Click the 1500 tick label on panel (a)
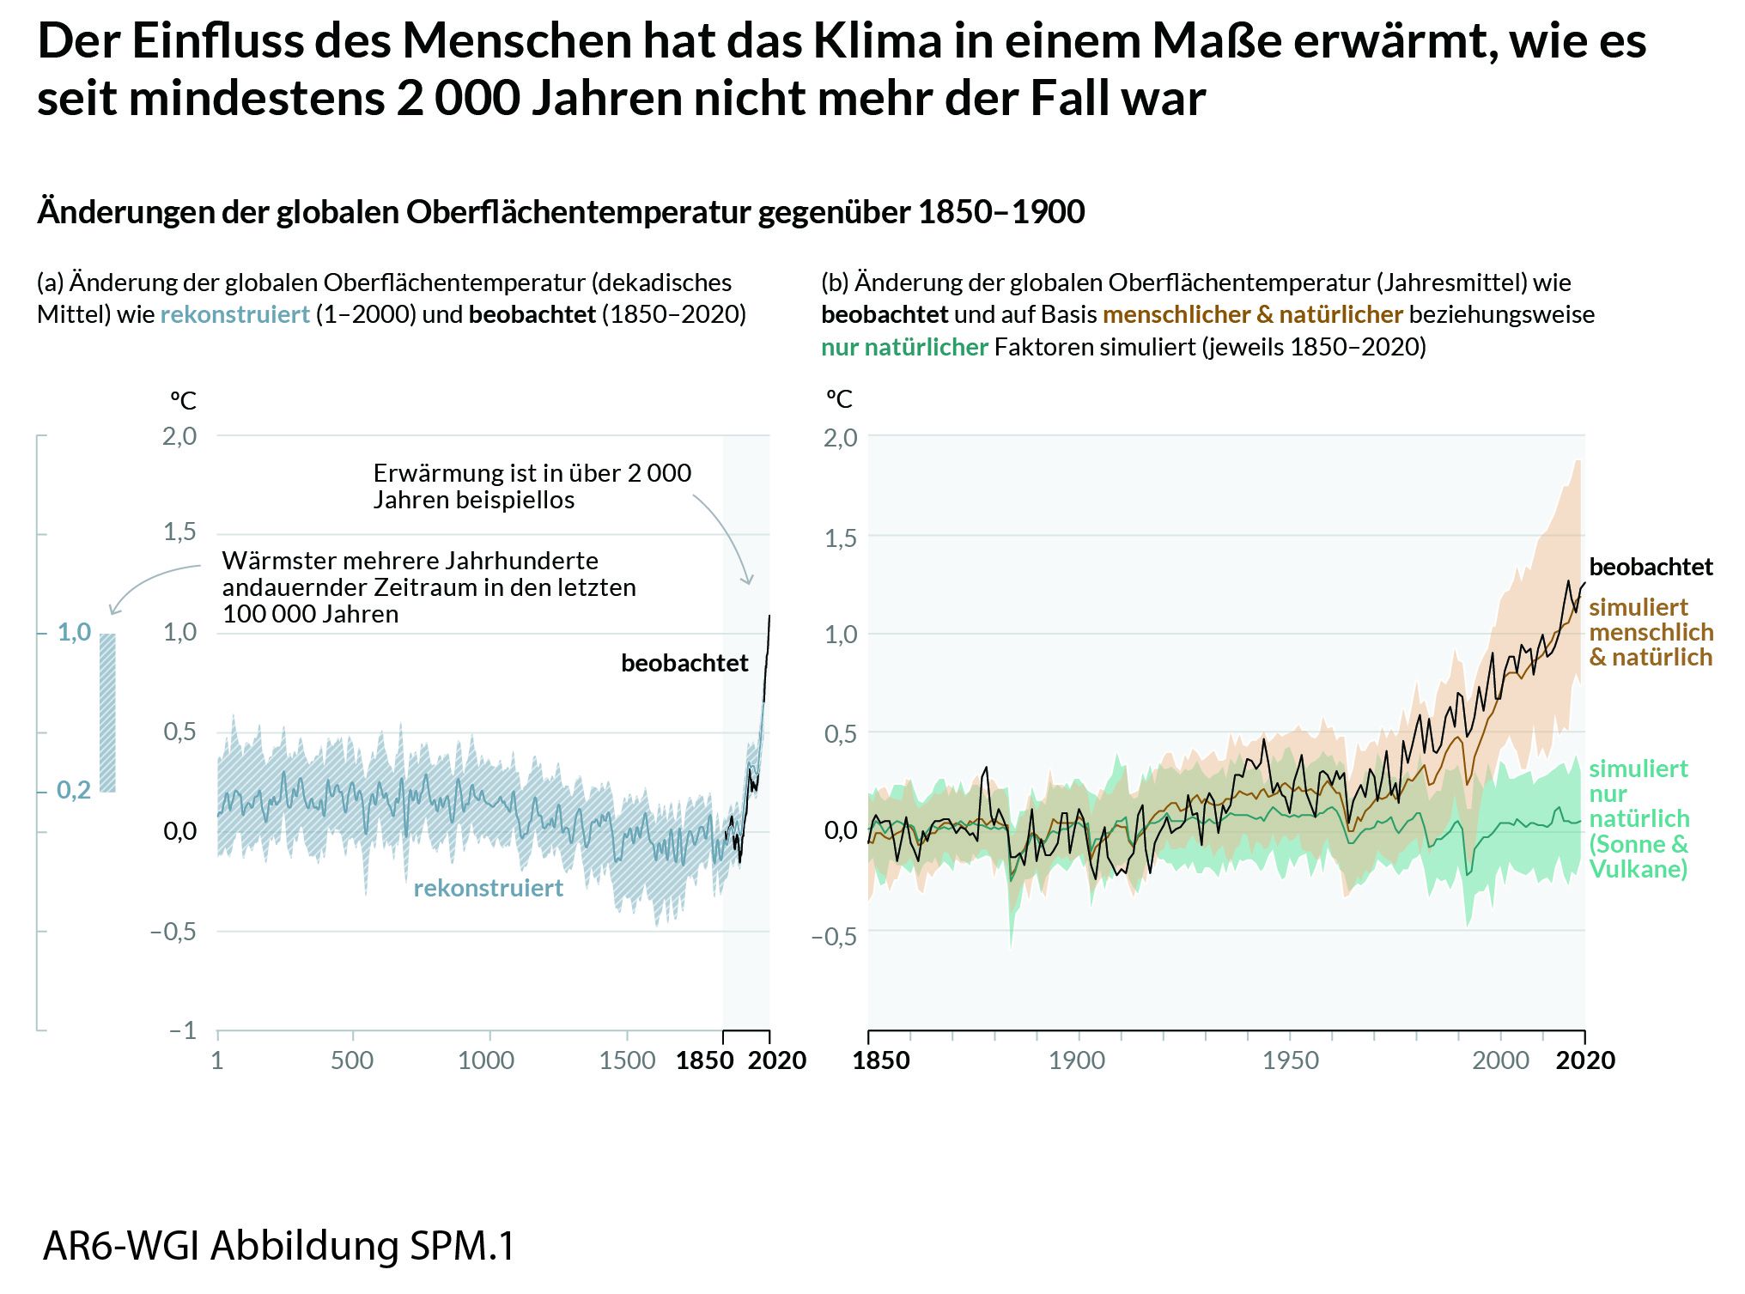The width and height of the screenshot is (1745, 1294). (x=627, y=1060)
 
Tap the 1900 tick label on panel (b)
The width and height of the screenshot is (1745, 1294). (x=1077, y=1060)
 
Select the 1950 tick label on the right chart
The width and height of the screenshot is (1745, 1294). (x=1291, y=1060)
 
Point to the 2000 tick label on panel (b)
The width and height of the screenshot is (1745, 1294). (x=1500, y=1060)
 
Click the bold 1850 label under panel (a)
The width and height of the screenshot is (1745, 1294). (x=704, y=1060)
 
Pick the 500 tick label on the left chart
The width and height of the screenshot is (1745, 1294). (x=352, y=1060)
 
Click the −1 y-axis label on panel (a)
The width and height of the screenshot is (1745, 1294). (x=183, y=1030)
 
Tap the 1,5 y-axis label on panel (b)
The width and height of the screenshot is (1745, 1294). (x=841, y=538)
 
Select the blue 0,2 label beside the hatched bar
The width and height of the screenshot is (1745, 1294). (x=74, y=790)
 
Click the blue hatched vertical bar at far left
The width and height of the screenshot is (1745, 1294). (x=107, y=713)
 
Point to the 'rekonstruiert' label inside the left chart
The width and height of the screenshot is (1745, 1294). (x=488, y=888)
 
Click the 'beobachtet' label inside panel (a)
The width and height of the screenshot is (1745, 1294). (x=684, y=663)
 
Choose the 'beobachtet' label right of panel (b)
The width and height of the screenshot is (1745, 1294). (x=1651, y=567)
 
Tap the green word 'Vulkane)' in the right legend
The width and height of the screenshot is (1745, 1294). (x=1638, y=869)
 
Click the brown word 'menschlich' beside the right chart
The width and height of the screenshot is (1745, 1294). (x=1651, y=632)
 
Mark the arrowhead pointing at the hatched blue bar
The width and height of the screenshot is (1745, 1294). (x=112, y=611)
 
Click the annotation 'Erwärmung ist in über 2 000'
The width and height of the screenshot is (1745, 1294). (x=532, y=473)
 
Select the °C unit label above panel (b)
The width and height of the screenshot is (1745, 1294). (x=839, y=399)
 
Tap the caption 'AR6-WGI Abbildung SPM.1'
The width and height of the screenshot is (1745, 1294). (x=279, y=1246)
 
